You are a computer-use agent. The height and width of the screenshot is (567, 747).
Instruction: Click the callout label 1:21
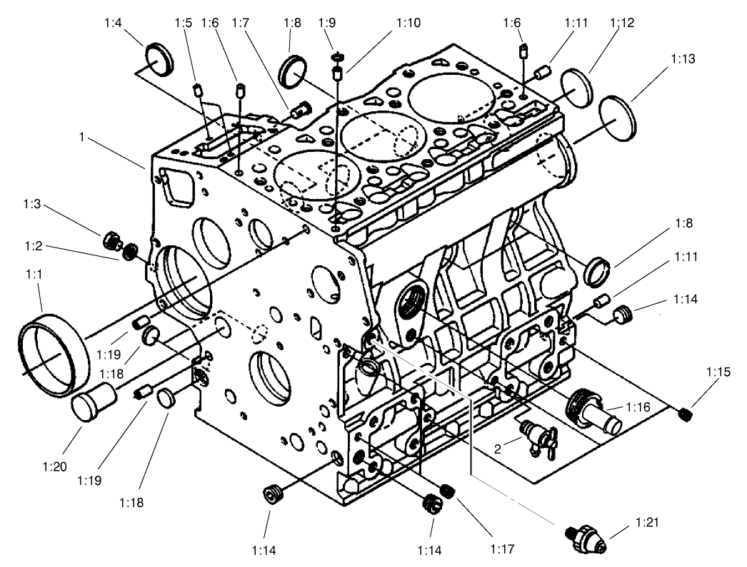coord(647,523)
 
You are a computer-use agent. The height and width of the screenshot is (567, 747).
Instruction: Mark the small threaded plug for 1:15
coord(686,413)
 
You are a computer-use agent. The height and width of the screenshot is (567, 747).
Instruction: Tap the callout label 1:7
coord(239,23)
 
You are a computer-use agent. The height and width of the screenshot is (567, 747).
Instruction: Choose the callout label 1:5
coord(184,23)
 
